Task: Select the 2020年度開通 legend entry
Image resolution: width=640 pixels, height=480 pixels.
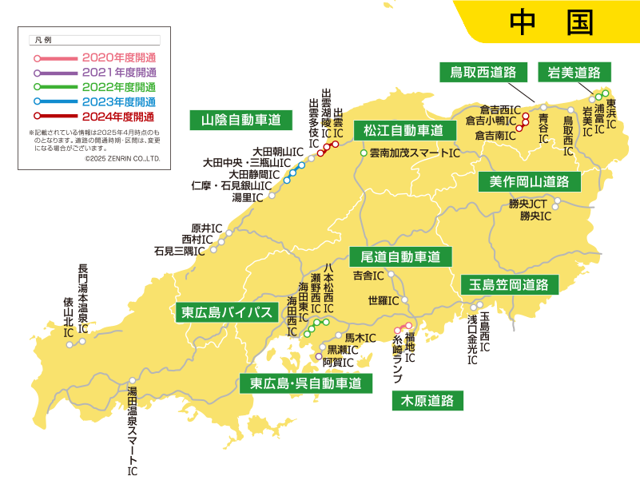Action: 118,58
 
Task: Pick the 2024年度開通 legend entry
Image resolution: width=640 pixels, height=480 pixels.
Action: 118,117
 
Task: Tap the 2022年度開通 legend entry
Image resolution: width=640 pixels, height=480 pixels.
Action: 118,87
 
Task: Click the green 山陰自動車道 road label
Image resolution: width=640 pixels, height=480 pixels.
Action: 240,121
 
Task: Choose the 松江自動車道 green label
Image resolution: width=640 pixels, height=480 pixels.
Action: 403,130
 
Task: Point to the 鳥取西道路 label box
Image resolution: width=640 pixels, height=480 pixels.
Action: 483,72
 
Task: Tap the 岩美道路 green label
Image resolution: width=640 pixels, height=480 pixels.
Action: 574,72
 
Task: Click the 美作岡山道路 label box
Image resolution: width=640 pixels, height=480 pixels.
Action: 529,181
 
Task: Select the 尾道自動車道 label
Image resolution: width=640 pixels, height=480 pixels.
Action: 400,257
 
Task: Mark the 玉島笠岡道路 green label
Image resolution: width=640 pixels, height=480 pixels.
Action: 509,284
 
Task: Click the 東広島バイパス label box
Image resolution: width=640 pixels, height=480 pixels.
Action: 227,312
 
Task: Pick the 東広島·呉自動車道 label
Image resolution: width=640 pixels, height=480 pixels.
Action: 306,383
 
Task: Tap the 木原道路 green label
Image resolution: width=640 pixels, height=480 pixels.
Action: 427,400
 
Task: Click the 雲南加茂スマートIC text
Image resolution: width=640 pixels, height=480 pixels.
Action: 415,153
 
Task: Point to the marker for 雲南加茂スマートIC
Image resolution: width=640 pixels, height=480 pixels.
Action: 364,153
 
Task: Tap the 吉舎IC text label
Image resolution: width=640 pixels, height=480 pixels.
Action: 368,276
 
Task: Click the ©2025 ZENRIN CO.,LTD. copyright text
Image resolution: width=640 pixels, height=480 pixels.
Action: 122,159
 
